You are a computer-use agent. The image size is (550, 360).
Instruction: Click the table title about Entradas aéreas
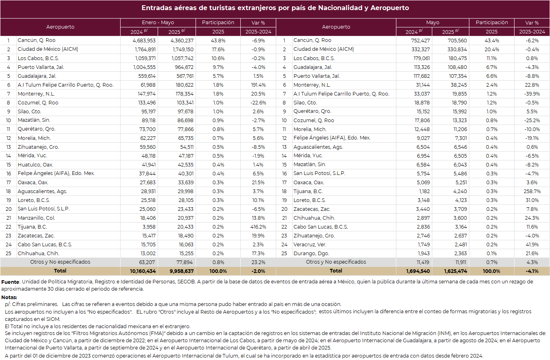275,8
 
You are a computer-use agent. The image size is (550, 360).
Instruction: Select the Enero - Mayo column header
158,23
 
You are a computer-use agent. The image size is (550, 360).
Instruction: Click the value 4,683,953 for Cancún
144,40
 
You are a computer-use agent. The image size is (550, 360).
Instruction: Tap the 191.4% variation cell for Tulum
258,85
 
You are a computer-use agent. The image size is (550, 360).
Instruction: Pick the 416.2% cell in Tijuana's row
258,227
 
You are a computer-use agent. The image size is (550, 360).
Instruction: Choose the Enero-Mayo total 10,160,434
143,271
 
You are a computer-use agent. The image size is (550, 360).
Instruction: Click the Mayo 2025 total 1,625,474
456,271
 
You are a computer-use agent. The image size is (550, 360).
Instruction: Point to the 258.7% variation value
532,191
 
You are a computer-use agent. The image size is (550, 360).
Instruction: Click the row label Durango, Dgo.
311,253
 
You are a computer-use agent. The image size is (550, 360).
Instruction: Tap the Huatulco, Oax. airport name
35,164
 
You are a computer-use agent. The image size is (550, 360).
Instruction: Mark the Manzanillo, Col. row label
36,218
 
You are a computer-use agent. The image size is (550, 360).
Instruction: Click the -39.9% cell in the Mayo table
532,94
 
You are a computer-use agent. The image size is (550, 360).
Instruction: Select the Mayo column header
433,23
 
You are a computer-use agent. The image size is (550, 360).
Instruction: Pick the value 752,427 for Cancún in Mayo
420,40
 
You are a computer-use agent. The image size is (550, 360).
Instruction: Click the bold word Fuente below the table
10,282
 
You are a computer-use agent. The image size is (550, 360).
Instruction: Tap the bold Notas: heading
9,298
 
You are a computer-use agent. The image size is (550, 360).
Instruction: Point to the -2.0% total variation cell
258,271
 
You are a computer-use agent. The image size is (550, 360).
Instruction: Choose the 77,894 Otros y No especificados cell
184,262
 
